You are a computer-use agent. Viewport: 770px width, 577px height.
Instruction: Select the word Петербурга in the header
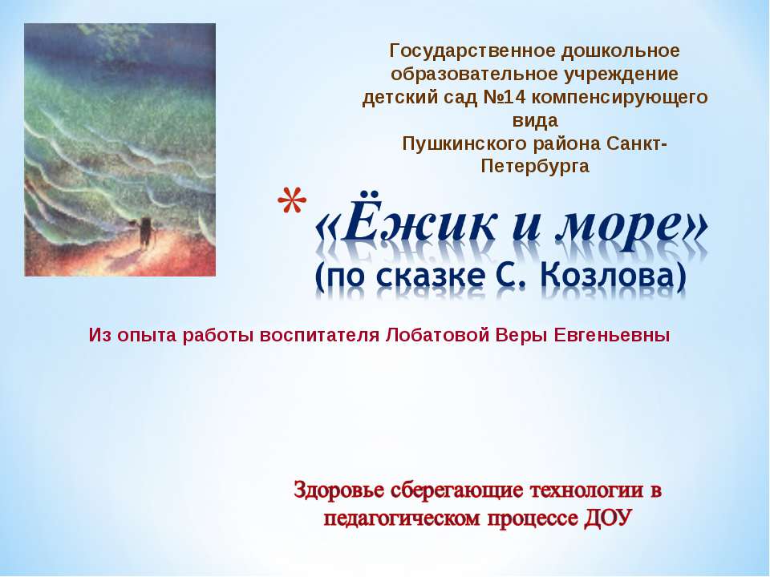coord(534,167)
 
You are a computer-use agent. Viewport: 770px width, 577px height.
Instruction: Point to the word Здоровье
coord(338,490)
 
